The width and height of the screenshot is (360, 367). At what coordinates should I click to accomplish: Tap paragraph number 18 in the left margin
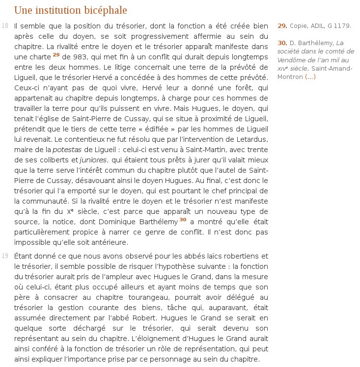(x=5, y=26)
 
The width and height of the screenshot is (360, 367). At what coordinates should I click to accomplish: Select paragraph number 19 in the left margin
(x=5, y=256)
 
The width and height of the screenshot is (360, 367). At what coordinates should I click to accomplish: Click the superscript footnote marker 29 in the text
(x=56, y=54)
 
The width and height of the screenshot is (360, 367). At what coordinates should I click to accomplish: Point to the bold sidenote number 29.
(x=282, y=26)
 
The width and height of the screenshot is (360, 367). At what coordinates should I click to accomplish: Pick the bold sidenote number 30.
(x=282, y=42)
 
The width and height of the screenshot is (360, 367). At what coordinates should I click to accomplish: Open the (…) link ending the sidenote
(x=310, y=77)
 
